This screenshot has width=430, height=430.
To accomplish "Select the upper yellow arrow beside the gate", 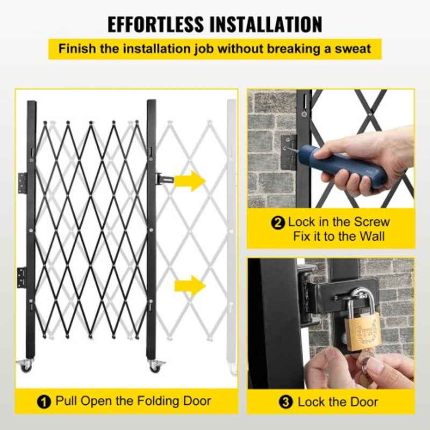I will click(190, 181).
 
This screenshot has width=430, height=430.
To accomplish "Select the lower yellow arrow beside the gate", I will click(190, 285).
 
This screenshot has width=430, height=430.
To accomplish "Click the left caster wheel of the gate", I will click(26, 365).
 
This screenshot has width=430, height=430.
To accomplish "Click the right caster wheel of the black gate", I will click(155, 366).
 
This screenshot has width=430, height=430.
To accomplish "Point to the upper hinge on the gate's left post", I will click(22, 183).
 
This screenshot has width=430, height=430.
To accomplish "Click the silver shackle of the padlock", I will click(360, 298).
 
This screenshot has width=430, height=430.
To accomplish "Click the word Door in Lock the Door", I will click(363, 402).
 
